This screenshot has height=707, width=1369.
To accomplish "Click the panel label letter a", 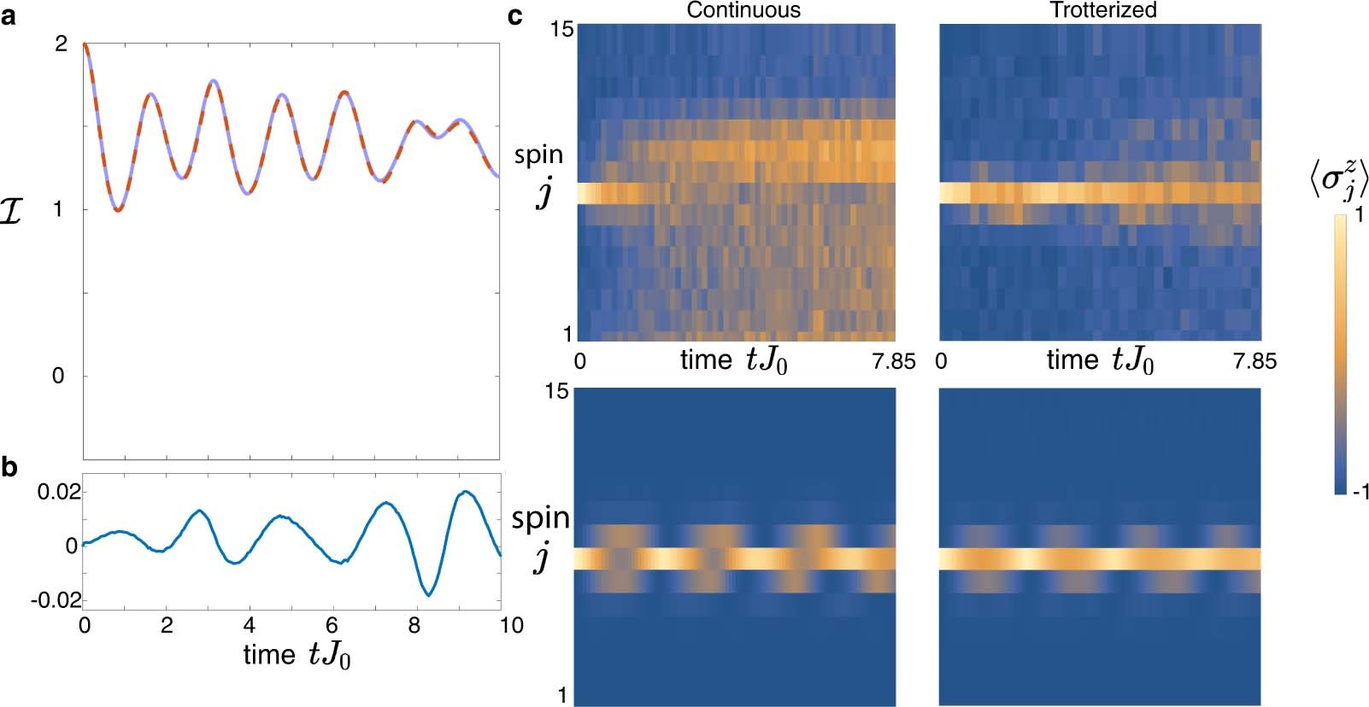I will [x=9, y=16].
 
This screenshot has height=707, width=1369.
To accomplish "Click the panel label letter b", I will [x=9, y=468].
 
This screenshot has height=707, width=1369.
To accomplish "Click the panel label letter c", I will [x=515, y=15].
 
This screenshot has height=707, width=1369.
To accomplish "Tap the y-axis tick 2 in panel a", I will [x=61, y=44].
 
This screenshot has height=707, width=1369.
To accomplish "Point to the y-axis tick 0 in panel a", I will [x=58, y=376].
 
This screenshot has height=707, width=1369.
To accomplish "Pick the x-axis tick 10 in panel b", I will [x=511, y=626].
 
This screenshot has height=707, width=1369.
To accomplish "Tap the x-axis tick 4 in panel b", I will [x=250, y=626].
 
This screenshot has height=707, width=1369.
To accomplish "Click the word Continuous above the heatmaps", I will [x=743, y=10].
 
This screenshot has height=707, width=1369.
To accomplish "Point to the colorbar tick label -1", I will [x=1358, y=491].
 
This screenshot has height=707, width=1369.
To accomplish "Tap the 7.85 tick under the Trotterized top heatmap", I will [x=1254, y=361].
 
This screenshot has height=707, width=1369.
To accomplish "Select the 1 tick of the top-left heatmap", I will [x=567, y=335].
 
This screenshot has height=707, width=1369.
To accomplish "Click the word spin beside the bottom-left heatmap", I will [x=540, y=518].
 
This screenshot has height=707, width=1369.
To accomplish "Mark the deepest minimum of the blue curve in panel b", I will [x=430, y=594].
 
